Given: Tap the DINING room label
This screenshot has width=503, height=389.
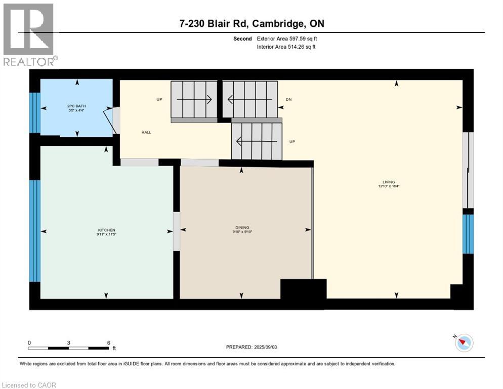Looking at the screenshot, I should click(x=241, y=227).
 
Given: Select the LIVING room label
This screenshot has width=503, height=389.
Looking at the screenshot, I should click(x=389, y=182).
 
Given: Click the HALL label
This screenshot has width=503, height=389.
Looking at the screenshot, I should click(x=146, y=132).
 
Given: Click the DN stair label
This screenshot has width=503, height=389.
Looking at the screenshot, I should click(x=288, y=100).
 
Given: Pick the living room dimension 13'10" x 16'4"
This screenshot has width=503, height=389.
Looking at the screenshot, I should click(x=389, y=186).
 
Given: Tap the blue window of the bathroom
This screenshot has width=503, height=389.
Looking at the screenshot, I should click(x=34, y=112).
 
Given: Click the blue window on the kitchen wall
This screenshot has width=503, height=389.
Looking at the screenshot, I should click(x=34, y=230).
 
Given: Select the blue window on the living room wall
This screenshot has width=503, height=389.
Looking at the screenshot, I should click(x=469, y=234).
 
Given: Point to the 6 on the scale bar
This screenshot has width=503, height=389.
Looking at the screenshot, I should click(x=108, y=342).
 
